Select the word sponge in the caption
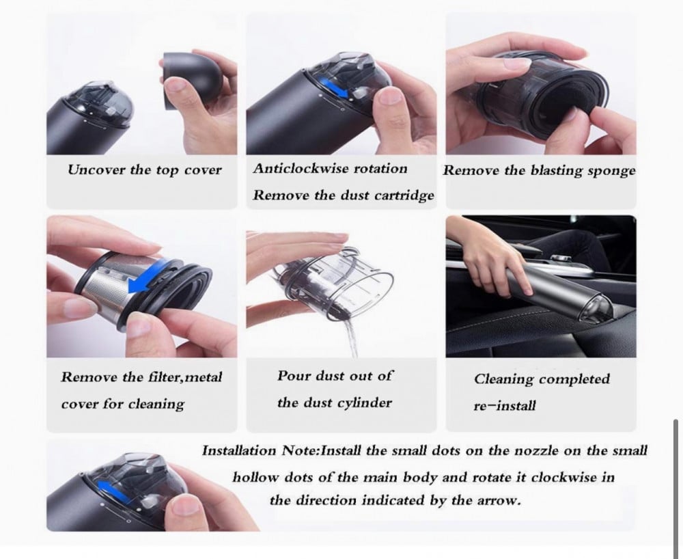pos(611,170)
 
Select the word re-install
pos(505,406)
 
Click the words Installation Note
pos(260,450)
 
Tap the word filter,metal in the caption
pos(185,377)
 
